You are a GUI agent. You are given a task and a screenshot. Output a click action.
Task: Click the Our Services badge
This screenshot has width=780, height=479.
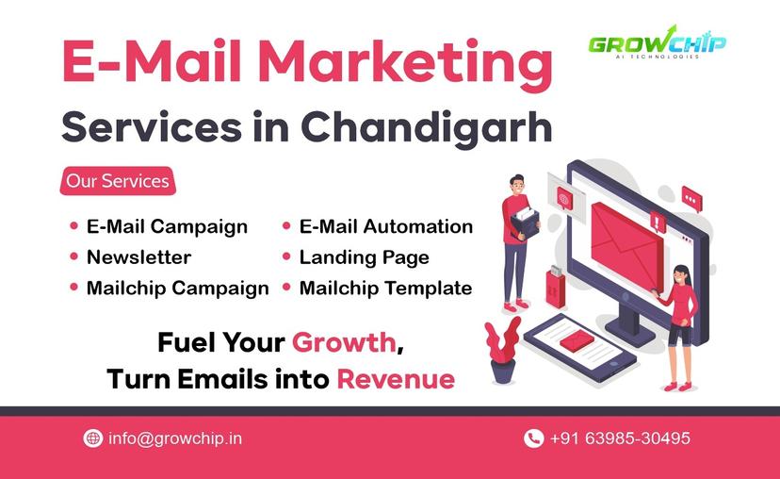coord(118,180)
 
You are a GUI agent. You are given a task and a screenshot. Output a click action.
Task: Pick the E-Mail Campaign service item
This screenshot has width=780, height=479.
coord(167,226)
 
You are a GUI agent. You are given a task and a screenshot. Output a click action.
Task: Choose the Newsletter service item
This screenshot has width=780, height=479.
coord(138,256)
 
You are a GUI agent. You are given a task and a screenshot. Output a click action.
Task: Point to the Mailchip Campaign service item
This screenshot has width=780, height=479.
coord(177,288)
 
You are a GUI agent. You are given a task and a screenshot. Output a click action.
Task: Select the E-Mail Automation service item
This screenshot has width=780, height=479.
coord(385,226)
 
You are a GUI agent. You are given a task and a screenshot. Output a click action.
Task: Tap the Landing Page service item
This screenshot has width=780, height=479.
coord(364,256)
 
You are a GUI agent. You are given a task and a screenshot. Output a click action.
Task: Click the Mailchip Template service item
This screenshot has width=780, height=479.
coord(385,288)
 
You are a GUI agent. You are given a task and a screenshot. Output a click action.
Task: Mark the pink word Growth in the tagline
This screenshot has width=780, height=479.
coord(344,341)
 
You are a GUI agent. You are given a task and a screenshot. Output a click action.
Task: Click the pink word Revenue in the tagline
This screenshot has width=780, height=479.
coord(396,379)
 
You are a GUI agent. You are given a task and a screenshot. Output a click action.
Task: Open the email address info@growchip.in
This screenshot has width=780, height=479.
coord(175,438)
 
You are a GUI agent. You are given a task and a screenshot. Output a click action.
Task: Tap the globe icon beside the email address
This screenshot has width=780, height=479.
coord(92,438)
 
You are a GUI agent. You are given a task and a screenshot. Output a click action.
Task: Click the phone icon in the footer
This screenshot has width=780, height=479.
coord(533,438)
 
